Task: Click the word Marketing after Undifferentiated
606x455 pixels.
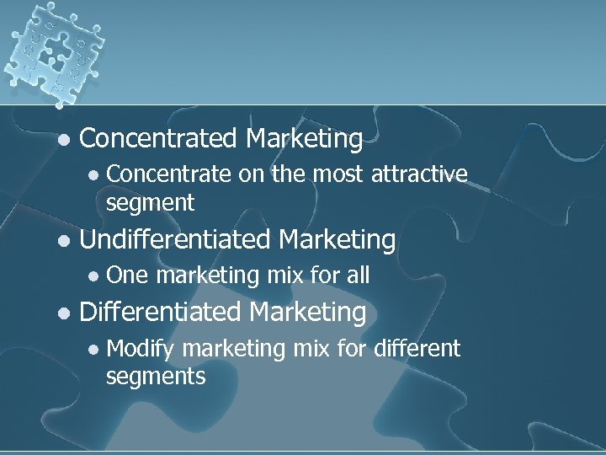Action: (337, 240)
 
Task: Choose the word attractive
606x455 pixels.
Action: (418, 174)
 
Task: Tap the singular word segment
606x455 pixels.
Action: (150, 203)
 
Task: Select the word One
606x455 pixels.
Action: (127, 276)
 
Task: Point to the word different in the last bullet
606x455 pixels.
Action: (417, 348)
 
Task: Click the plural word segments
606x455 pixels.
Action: (155, 377)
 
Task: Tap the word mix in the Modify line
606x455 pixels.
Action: (312, 348)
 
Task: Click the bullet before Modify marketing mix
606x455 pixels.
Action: (94, 349)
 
